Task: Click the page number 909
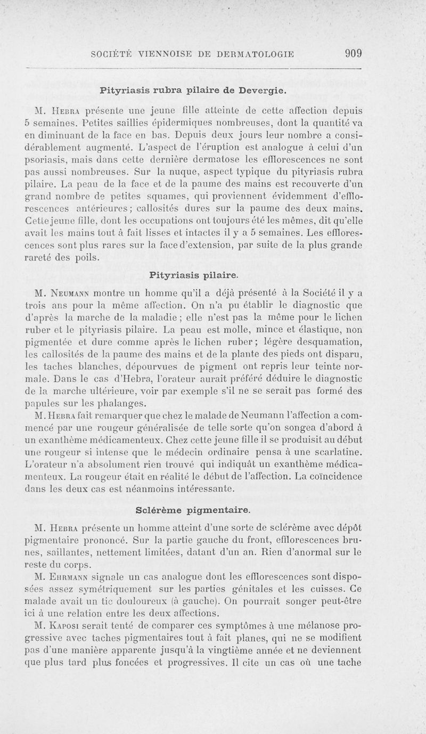click(x=353, y=53)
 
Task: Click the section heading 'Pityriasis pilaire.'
click(x=194, y=275)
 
